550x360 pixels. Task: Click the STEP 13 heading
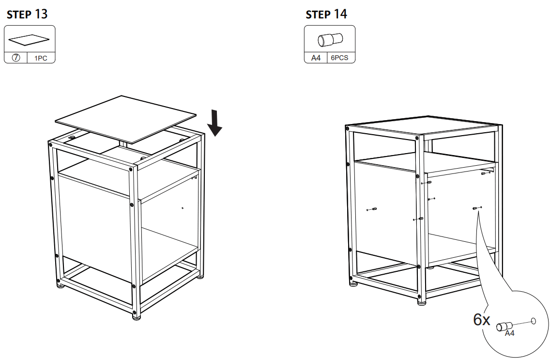point(27,15)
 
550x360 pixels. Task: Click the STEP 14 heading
point(326,15)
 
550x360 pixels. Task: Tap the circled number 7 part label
point(15,58)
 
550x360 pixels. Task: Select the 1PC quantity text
point(41,58)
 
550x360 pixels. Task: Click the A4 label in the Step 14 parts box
point(316,58)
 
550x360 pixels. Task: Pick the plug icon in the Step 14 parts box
point(330,39)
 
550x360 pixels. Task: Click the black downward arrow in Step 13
point(214,125)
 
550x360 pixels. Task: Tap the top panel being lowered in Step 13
point(126,118)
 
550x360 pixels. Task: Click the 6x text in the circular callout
point(482,320)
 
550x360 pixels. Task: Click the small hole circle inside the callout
point(533,321)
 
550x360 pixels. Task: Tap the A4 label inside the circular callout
point(509,334)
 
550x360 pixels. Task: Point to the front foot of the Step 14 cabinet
point(422,303)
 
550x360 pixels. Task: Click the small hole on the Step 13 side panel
point(182,208)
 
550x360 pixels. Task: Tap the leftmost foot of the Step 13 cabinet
point(61,285)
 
